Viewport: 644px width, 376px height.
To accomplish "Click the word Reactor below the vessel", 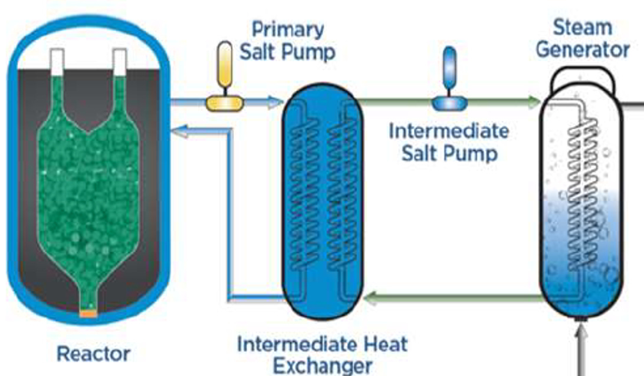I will (94, 354).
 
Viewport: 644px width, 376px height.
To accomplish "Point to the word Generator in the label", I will (583, 50).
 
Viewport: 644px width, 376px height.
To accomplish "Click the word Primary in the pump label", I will (288, 29).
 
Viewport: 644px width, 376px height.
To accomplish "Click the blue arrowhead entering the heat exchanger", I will (272, 102).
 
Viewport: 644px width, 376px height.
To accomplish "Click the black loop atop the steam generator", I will (583, 74).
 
